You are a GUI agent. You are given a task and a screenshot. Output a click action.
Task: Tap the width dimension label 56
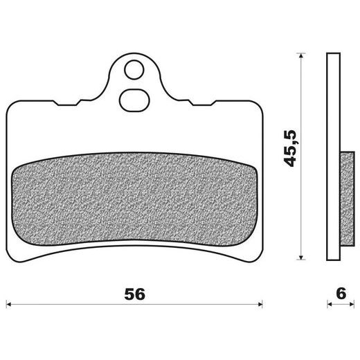(x=135, y=294)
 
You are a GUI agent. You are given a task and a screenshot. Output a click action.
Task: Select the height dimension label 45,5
(x=289, y=148)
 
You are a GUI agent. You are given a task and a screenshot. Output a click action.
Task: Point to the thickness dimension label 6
(x=341, y=294)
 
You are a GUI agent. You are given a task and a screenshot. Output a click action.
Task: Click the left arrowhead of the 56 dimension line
(x=8, y=305)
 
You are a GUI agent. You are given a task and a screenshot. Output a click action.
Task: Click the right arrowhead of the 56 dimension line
(x=260, y=305)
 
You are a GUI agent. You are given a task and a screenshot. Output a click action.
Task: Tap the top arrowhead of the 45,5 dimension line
(x=300, y=55)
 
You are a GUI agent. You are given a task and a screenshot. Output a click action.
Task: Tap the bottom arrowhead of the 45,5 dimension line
(x=300, y=258)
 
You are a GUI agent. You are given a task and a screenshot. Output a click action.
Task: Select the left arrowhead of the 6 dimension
(x=330, y=305)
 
